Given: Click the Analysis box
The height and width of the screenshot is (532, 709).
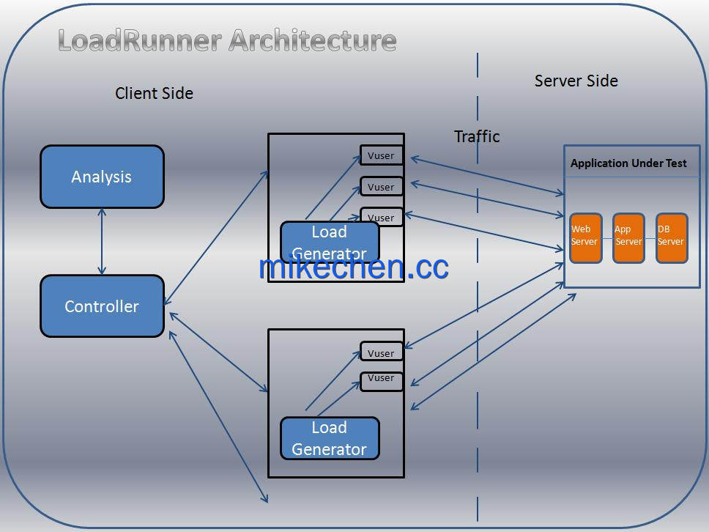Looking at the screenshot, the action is point(103,177).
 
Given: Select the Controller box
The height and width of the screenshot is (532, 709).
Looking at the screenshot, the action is point(103,306).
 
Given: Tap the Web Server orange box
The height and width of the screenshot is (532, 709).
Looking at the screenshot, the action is point(585,238).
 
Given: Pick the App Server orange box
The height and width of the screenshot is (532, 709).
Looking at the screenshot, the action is point(628,238).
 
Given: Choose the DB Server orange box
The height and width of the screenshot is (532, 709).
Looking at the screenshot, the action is point(672,238).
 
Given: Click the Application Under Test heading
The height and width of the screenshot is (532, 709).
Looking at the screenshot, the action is point(628,163).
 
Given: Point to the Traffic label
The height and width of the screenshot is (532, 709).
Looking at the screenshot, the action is point(477,136).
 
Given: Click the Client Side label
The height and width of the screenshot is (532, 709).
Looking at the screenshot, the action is point(155,93).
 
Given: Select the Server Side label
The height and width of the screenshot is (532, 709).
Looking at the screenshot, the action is point(576,81).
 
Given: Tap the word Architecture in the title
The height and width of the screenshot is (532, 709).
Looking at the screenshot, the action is point(313,40).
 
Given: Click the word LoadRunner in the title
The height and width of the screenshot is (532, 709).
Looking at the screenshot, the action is point(140,40).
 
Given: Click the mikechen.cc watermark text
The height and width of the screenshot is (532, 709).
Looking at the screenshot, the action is point(354,267).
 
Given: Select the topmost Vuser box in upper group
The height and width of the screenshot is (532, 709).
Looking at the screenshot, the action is point(381,155).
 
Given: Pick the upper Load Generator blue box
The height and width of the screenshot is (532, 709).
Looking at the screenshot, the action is point(330,243).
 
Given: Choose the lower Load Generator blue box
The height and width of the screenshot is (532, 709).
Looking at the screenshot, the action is point(330,438).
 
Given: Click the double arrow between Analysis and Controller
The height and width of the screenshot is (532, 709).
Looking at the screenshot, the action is point(102,242).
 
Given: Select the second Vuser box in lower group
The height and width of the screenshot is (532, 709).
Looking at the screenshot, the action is point(381,381).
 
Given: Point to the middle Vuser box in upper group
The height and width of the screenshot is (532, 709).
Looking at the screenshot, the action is point(381,186).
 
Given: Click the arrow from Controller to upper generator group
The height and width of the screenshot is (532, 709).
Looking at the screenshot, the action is point(216,238).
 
